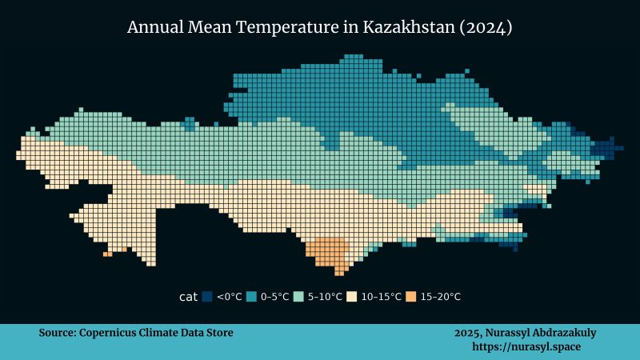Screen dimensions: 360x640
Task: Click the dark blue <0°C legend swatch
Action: (x=207, y=297)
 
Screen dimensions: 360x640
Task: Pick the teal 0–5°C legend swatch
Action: (x=251, y=297)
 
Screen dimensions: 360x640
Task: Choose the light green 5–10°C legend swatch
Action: (x=298, y=297)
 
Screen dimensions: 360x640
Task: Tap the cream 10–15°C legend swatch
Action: (x=350, y=297)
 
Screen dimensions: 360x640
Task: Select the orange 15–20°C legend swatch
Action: (x=410, y=297)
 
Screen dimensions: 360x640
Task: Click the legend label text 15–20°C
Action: (x=441, y=297)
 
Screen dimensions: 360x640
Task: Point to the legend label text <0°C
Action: (x=230, y=297)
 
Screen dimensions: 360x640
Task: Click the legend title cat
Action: (x=189, y=297)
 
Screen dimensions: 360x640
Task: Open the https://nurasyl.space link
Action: (x=526, y=347)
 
